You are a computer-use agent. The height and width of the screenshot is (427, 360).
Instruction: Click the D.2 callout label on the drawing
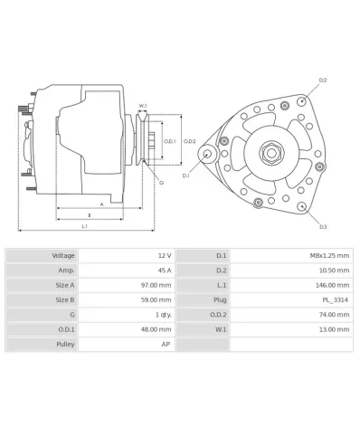pyautogui.click(x=322, y=81)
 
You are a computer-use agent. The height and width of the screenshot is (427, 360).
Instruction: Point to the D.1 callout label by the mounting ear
pyautogui.click(x=185, y=176)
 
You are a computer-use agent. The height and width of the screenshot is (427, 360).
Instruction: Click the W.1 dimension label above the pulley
pyautogui.click(x=143, y=106)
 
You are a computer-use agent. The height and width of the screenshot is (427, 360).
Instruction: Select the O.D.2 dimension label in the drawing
pyautogui.click(x=190, y=140)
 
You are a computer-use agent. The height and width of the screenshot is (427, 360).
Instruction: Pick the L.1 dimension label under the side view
pyautogui.click(x=84, y=226)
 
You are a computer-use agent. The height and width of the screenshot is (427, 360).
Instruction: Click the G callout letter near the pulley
pyautogui.click(x=161, y=183)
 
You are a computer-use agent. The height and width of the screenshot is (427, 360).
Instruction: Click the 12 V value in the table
pyautogui.click(x=164, y=256)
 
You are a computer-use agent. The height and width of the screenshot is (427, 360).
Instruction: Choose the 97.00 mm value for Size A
pyautogui.click(x=157, y=285)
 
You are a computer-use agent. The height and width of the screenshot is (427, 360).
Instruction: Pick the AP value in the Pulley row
pyautogui.click(x=166, y=344)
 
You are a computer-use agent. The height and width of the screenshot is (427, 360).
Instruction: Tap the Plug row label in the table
pyautogui.click(x=219, y=299)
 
